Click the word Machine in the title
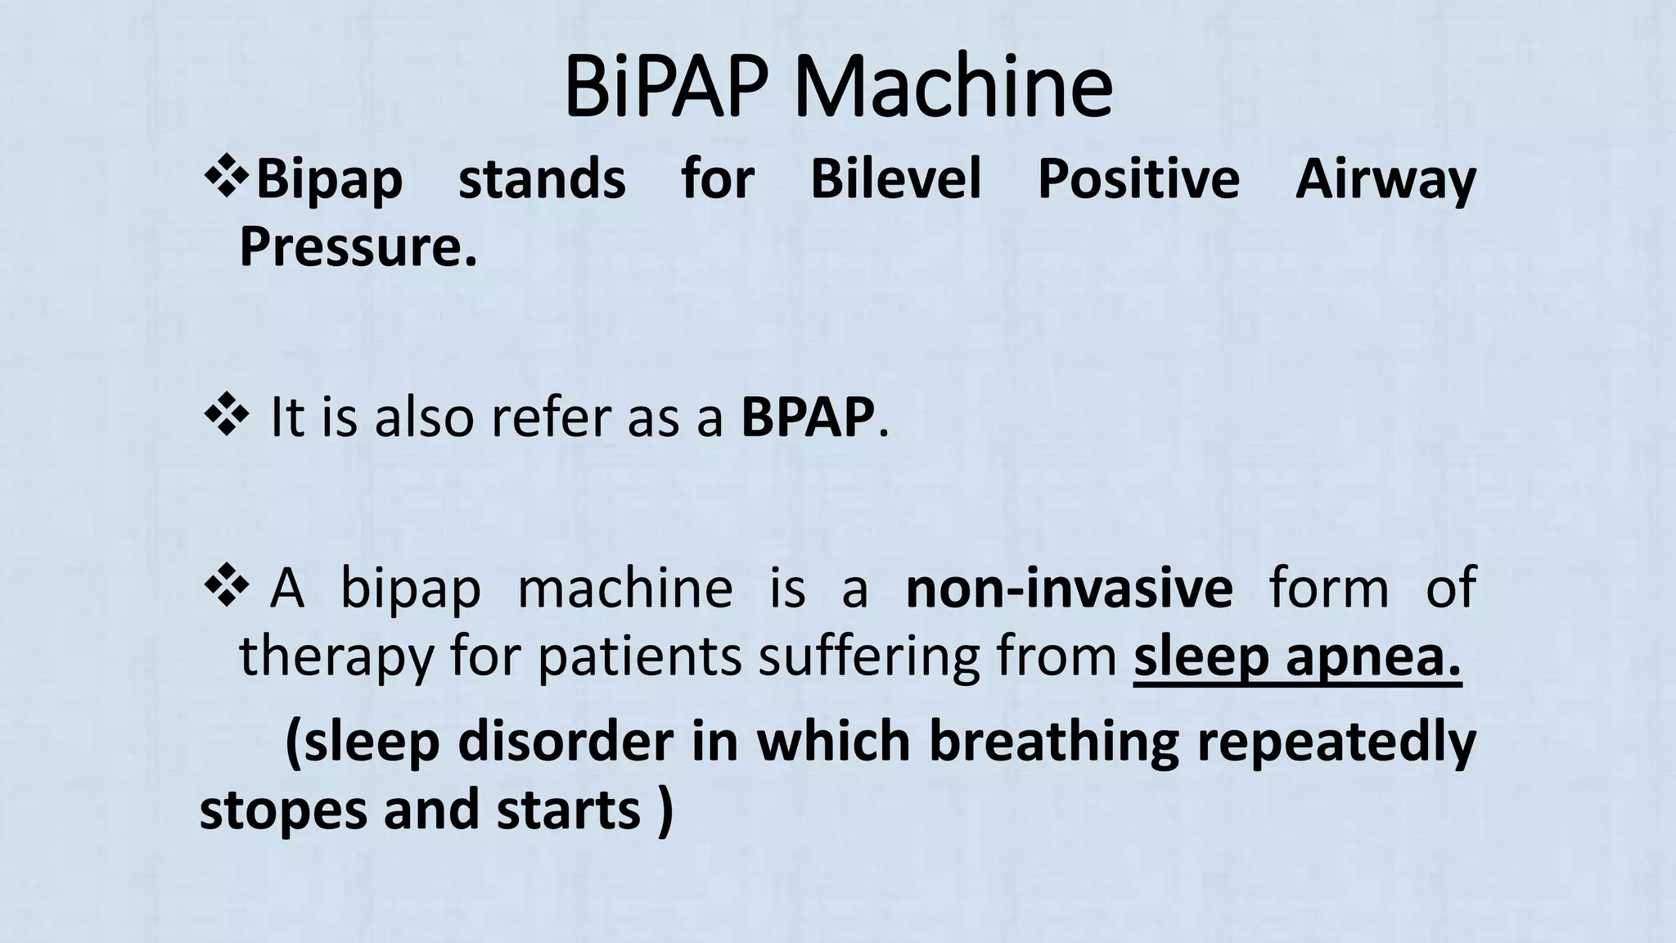point(953,88)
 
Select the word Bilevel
point(895,178)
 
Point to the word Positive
point(1138,178)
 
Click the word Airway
point(1385,180)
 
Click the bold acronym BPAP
point(807,417)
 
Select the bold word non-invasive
point(1069,588)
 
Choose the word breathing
point(1054,742)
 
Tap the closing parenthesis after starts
point(665,810)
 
